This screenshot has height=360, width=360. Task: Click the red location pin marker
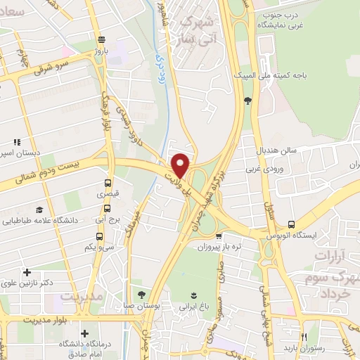click(181, 165)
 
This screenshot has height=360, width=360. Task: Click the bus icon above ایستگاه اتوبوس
click(291, 224)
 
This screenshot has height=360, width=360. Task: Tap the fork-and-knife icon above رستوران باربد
click(304, 336)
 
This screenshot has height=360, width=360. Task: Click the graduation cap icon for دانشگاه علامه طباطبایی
click(39, 210)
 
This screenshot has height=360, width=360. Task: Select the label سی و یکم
click(99, 247)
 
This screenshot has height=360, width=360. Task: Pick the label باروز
click(103, 51)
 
